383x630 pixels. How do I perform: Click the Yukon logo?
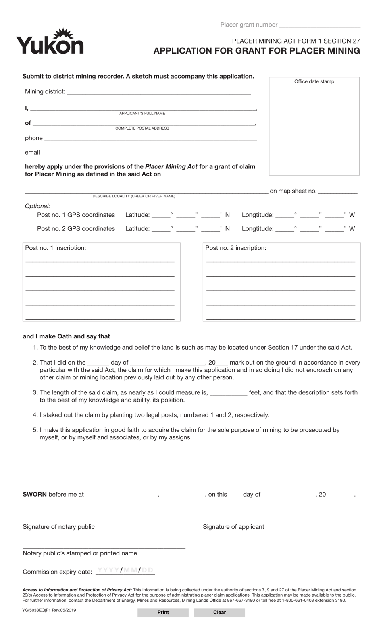(50, 42)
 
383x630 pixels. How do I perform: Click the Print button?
(163, 612)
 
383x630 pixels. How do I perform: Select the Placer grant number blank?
(319, 25)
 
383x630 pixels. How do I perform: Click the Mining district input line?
(159, 92)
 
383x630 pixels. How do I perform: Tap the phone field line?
(150, 139)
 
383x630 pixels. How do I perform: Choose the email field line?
(149, 153)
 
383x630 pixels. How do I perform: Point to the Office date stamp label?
(314, 81)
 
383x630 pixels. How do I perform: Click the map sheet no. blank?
(337, 192)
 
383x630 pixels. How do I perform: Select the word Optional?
(37, 206)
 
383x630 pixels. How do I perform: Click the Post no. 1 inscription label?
(55, 248)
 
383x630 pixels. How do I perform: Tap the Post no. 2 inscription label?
(235, 248)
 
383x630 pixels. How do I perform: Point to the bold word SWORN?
(35, 494)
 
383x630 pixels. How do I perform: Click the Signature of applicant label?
(233, 527)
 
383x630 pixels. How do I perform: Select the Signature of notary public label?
(58, 527)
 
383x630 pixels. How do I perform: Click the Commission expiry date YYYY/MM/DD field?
(125, 570)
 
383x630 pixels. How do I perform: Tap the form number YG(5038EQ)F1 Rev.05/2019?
(49, 610)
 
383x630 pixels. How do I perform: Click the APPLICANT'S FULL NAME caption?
(142, 113)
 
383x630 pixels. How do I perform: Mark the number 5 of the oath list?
(35, 430)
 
